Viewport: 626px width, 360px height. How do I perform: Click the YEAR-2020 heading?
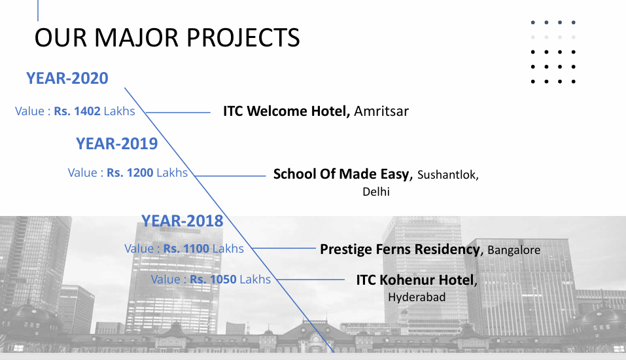coord(67,79)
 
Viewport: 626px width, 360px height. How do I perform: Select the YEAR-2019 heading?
coord(116,144)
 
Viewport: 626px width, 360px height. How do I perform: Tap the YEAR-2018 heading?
coord(182,221)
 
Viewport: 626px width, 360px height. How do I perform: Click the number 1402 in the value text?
coord(88,111)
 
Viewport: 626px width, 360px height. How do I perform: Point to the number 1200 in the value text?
coord(140,173)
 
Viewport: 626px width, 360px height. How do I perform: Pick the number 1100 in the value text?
coord(196,249)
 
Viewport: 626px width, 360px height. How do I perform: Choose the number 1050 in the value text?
coord(223,279)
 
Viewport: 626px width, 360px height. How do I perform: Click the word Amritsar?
coord(381,111)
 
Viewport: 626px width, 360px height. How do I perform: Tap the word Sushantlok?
coord(447,175)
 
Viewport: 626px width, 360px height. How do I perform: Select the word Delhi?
coord(376,192)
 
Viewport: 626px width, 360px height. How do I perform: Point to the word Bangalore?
coord(513,250)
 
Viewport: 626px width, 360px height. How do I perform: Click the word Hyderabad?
coord(417,297)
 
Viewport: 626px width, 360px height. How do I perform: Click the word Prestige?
coord(346,249)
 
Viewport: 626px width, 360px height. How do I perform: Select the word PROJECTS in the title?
coord(243,38)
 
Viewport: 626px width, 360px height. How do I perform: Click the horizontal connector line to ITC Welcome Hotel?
coord(178,113)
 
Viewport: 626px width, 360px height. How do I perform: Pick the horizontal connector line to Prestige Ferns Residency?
coord(284,248)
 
